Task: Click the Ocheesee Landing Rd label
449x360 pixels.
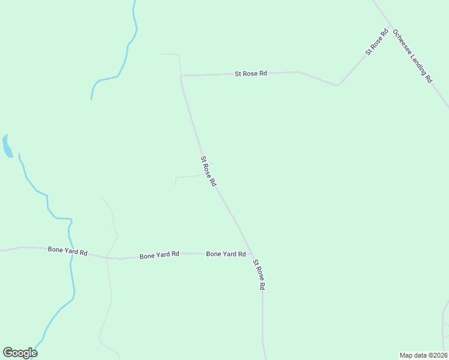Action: click(412, 56)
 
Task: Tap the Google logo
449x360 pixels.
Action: click(20, 352)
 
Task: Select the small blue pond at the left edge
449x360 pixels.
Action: click(7, 146)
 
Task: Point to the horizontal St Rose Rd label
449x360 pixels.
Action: click(251, 73)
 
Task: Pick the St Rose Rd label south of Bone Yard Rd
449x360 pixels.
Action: click(259, 275)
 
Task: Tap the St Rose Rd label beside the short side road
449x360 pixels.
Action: click(208, 172)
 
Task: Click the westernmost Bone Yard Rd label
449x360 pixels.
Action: click(68, 251)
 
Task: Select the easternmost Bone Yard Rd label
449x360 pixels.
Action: click(226, 254)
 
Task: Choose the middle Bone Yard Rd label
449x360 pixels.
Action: click(159, 254)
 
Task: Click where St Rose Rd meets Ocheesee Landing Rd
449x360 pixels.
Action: click(391, 27)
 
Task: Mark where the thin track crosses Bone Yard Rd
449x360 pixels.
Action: click(107, 257)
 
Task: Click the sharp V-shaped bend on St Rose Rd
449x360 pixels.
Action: click(337, 85)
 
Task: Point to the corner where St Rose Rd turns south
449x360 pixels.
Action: click(182, 76)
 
